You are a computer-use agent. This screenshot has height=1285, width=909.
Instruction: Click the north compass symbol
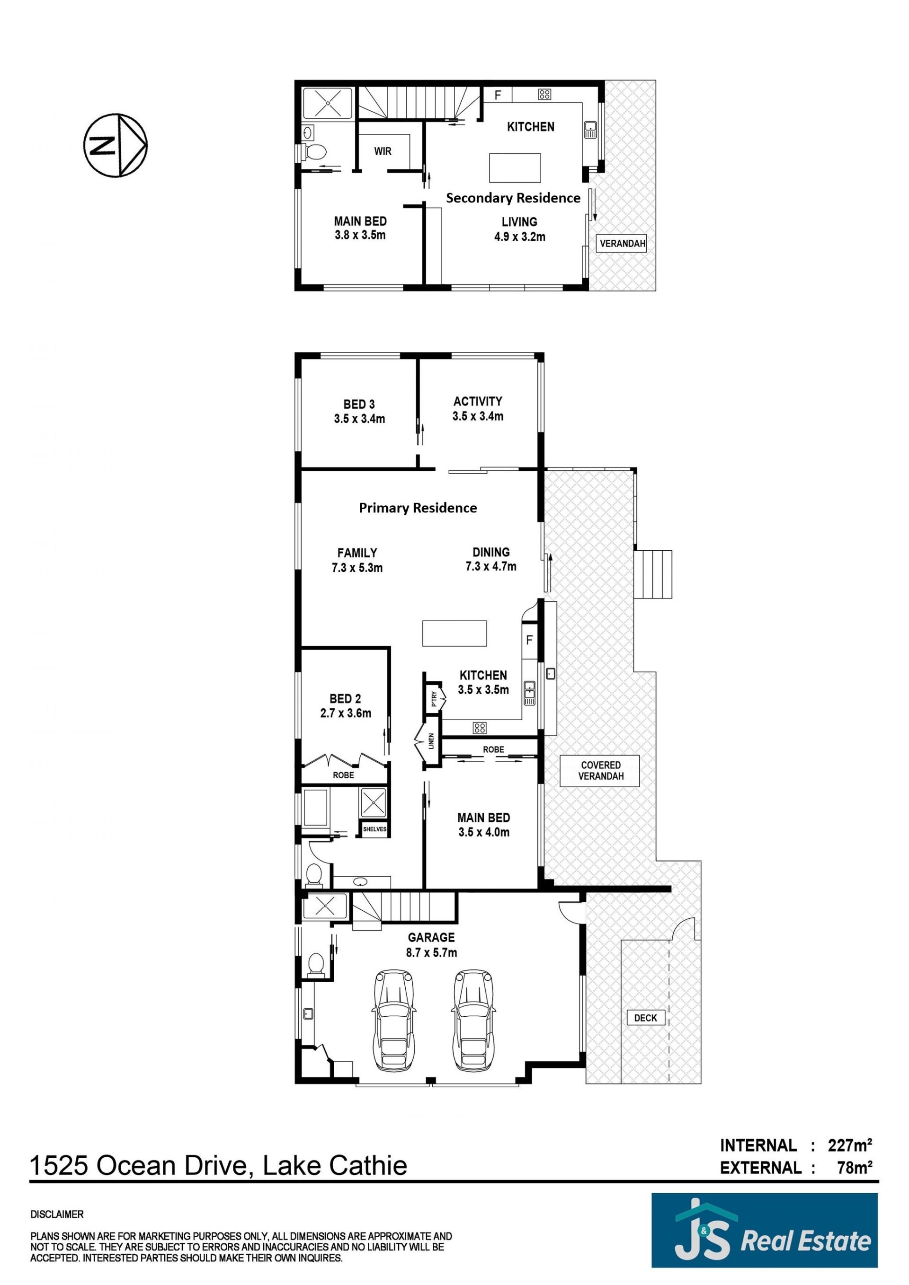116,146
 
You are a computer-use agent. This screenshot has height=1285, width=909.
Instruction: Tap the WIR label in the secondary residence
383,151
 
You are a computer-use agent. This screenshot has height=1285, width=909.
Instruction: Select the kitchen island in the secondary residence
515,168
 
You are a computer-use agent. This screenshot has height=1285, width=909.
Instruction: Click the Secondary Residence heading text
513,198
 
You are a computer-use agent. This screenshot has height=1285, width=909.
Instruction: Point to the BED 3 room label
359,411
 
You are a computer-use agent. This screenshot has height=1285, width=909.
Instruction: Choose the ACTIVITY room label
478,409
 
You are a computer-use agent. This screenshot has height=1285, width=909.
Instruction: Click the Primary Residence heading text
418,508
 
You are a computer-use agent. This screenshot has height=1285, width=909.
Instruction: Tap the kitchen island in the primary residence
454,633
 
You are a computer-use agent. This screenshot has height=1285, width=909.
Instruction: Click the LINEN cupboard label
431,741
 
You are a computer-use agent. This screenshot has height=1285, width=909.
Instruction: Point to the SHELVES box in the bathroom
374,829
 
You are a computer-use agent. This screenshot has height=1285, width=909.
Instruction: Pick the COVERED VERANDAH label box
600,771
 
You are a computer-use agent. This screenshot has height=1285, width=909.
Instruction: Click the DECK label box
645,1018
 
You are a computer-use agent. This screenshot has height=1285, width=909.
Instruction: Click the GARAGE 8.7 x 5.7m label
431,945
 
